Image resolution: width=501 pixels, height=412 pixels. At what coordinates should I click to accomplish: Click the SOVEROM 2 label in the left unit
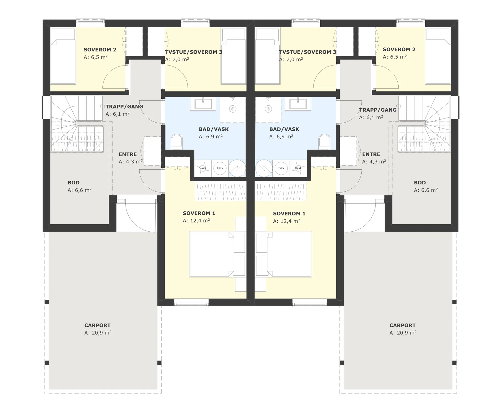pos(100,50)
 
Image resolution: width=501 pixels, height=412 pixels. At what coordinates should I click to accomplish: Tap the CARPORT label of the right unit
pos(402,325)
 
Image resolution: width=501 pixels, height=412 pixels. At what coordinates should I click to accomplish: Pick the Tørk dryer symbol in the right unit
pos(281,168)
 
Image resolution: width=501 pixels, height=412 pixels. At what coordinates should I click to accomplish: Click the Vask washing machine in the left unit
pos(203,168)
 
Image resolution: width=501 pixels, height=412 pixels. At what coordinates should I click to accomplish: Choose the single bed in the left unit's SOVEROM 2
pos(63,56)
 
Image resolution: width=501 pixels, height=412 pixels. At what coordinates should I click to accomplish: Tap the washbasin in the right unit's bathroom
pos(298,104)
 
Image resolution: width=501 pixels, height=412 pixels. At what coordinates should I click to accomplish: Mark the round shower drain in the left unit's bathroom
pos(233,109)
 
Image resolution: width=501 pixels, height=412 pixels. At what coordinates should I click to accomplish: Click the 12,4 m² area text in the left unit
pos(196,221)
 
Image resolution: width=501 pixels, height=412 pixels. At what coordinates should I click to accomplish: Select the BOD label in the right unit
pos(420,183)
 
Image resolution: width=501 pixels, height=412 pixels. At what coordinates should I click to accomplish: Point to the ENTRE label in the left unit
pos(127,154)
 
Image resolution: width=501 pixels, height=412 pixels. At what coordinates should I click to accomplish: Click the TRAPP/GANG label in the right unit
pos(378,110)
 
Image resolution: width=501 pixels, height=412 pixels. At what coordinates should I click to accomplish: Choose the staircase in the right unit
pos(424,124)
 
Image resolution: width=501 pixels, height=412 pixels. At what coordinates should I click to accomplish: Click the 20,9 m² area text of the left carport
pos(98,333)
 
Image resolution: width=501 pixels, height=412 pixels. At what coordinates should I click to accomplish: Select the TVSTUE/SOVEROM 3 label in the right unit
pos(307,52)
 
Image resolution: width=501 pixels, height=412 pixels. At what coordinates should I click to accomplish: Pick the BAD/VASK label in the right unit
pos(284,129)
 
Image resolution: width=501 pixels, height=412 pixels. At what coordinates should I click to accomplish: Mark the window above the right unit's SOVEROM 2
pos(411,23)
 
